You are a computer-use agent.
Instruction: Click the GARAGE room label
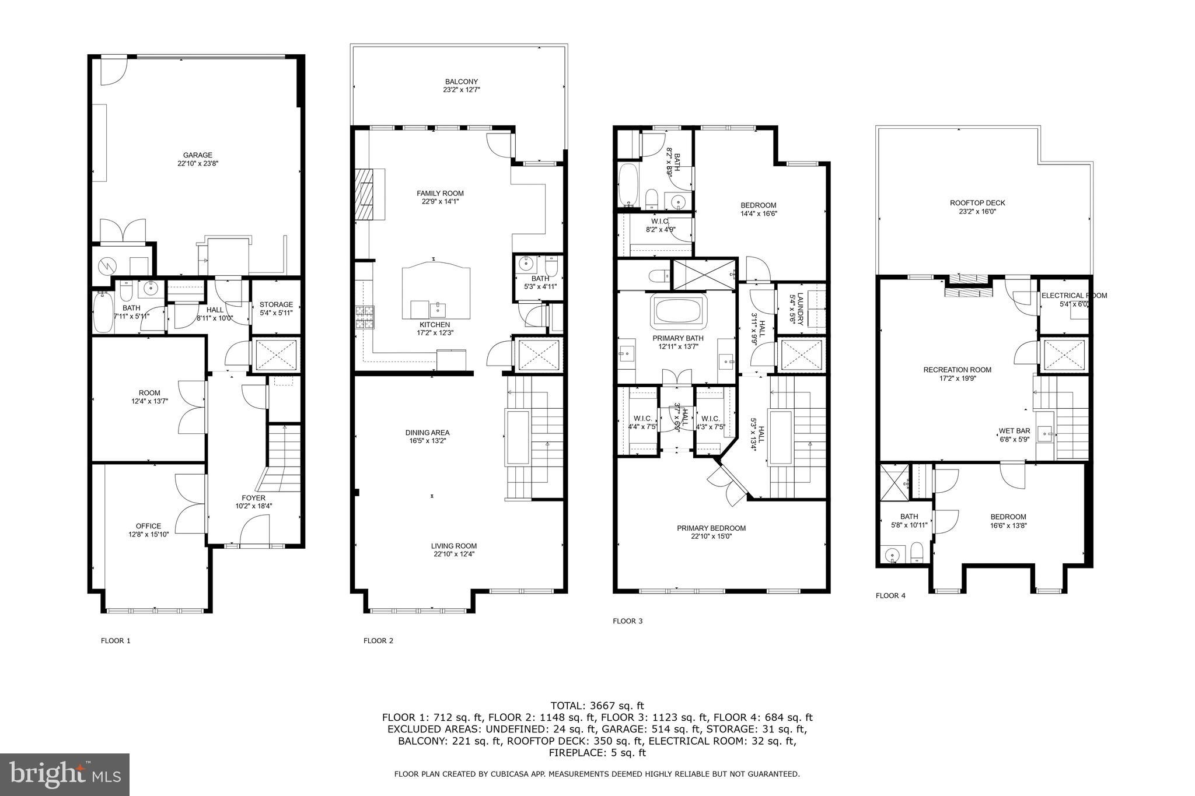tap(197, 155)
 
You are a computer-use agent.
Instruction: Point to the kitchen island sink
tap(438, 307)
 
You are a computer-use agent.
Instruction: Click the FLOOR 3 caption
tap(627, 621)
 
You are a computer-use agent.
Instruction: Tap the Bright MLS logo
tap(64, 774)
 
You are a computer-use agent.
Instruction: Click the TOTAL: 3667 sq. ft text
tap(597, 706)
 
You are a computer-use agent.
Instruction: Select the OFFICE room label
tap(148, 526)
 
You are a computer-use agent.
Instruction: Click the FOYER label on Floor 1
tap(253, 498)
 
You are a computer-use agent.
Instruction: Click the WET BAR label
tap(1014, 432)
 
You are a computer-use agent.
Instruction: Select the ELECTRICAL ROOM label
tap(1074, 296)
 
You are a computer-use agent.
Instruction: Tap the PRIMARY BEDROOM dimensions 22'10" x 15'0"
tap(711, 536)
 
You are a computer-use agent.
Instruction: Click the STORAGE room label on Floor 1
tap(276, 304)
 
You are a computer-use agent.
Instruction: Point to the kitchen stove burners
tap(365, 318)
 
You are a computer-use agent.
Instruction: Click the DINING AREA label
tap(427, 433)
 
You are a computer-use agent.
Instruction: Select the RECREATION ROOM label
tap(957, 370)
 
